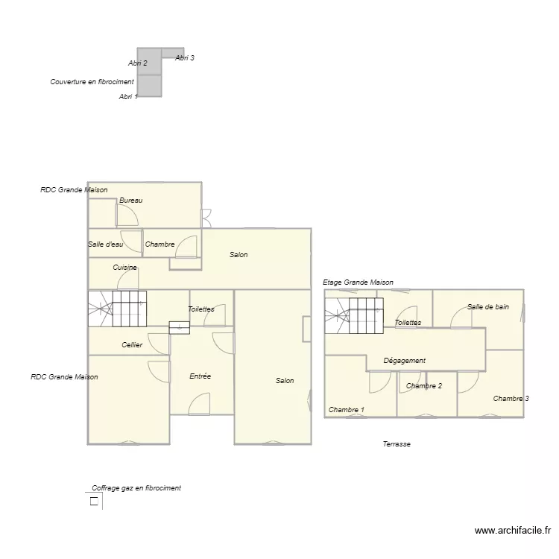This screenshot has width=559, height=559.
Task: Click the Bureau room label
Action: pos(130,200)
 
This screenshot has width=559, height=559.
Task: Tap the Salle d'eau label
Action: pos(105,244)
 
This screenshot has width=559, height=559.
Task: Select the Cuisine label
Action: pos(124,267)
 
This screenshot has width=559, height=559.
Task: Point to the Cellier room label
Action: pos(132,345)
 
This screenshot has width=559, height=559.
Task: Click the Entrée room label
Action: pos(200,376)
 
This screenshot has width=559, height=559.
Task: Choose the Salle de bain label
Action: pos(488,306)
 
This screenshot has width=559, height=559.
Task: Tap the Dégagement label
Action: pos(404,361)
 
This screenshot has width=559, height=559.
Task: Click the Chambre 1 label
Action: pos(347,410)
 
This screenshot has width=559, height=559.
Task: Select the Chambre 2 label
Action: pos(424,386)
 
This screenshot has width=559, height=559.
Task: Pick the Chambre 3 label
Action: pos(511,399)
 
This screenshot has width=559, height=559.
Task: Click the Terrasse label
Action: pos(397,444)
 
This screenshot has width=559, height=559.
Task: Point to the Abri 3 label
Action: pos(185,58)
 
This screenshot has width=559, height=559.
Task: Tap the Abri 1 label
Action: pos(128,97)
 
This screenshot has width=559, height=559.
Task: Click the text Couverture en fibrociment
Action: pos(92,82)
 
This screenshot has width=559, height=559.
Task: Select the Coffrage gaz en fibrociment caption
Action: pos(136,488)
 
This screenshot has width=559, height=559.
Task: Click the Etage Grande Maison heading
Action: pos(358,282)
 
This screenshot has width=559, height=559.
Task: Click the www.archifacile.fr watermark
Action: pos(512,531)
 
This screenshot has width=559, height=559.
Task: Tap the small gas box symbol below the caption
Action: pos(94,502)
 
